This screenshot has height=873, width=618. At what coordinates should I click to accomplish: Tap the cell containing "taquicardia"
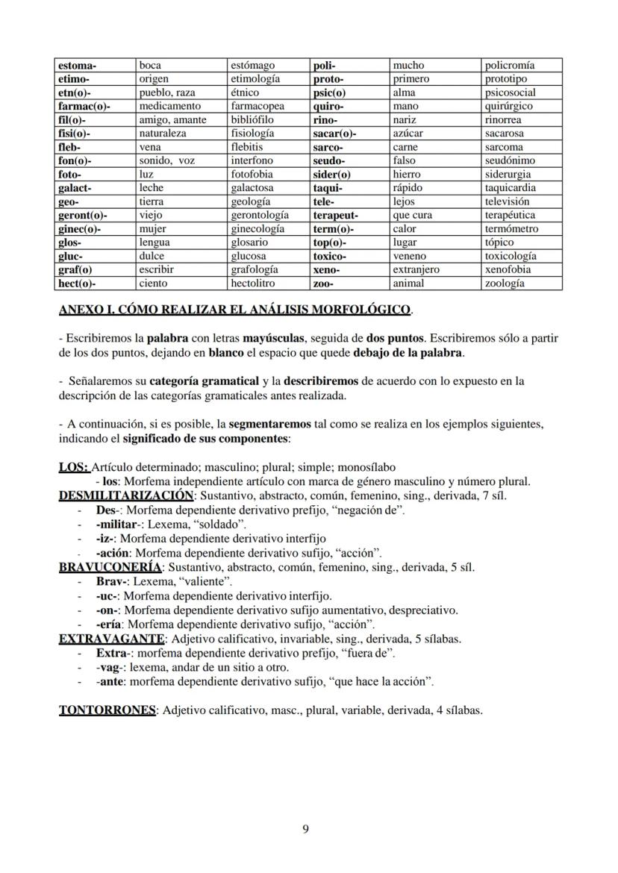coord(510,188)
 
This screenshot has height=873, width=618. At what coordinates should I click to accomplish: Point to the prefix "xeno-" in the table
coord(327,269)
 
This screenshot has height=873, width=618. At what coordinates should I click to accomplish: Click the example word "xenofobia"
coord(508,269)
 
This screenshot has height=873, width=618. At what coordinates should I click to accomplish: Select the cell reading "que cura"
coord(412,216)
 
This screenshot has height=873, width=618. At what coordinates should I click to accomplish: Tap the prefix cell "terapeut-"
coord(336,216)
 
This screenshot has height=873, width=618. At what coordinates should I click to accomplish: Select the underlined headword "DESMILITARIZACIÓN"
coord(125,495)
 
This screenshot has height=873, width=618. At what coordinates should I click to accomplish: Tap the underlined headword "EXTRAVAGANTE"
coord(112,639)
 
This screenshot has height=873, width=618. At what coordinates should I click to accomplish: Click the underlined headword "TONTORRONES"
coord(107,710)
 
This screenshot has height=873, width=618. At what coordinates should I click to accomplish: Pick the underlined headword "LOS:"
coord(73,467)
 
